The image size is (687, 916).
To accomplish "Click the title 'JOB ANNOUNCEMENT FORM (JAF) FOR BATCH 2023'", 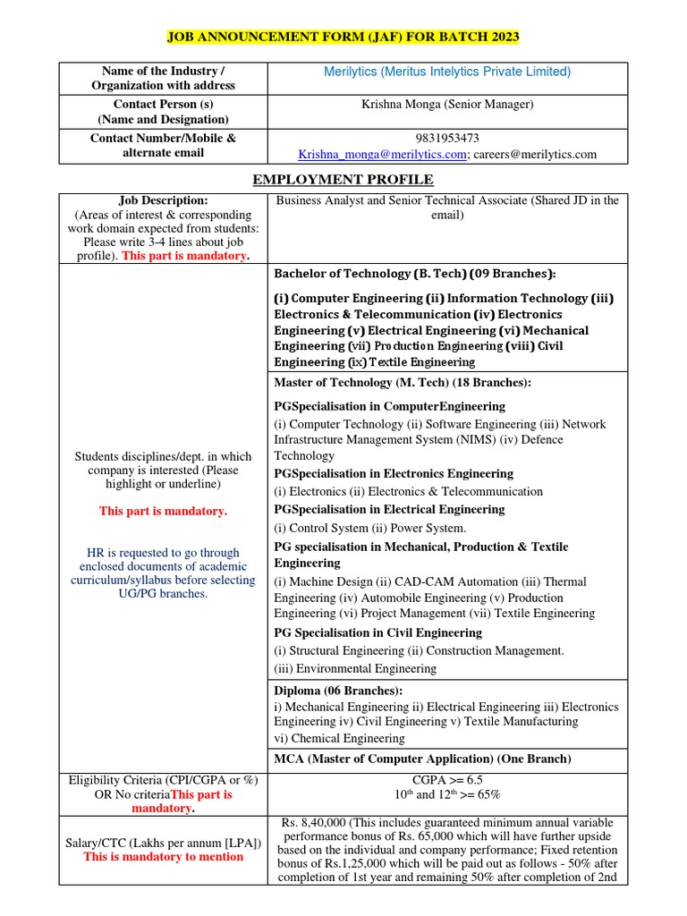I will coord(343,37).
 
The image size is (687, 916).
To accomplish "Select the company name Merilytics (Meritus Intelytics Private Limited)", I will coord(447,72).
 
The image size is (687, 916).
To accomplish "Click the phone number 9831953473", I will coord(447,138).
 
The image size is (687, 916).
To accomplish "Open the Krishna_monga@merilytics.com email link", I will coord(383,154).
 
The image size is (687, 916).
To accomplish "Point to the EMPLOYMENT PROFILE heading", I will coord(343,180).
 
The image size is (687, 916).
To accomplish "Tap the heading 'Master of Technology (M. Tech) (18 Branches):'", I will coord(403,383).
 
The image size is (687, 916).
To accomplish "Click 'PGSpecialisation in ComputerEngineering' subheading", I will coord(390,406).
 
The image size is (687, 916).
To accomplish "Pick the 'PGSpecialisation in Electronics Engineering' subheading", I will coord(394,473).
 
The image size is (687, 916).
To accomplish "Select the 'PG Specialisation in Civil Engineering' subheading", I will coord(377,632).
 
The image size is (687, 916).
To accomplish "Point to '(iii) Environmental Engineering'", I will coord(355,668).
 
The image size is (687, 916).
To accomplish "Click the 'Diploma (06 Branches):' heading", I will coord(338,691).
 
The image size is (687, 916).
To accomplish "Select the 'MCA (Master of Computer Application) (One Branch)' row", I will coord(421,759).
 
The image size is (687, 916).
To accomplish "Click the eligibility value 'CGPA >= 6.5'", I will coord(447,779).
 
